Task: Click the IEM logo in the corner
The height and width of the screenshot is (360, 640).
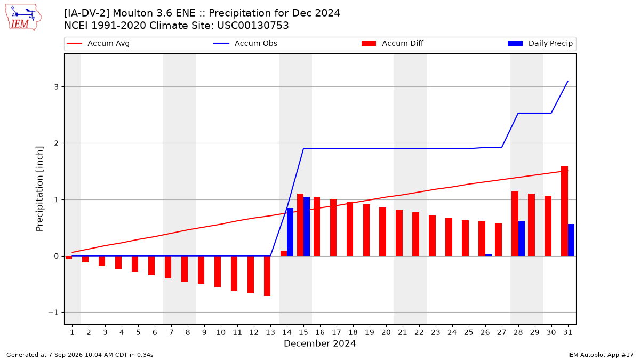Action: tap(23, 18)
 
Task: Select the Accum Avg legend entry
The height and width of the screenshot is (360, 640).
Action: tap(98, 43)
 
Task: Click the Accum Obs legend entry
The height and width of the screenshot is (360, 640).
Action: tap(245, 43)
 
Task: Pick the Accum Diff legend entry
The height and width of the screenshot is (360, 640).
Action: tap(393, 43)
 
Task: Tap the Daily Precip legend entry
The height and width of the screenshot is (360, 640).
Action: tap(540, 43)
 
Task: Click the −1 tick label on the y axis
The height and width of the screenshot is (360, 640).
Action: tap(53, 313)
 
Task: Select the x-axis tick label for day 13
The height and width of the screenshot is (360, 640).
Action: tap(270, 332)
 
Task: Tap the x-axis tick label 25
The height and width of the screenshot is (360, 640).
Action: tap(469, 332)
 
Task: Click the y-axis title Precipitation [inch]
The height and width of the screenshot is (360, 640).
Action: tap(39, 189)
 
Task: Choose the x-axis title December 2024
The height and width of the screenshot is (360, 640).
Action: tap(319, 343)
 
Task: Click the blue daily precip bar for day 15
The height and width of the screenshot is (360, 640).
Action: tap(307, 226)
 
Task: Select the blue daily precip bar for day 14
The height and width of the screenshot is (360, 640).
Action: tap(290, 232)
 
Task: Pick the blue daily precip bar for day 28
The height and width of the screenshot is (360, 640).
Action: tap(522, 238)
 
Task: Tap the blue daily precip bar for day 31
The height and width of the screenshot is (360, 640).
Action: tap(571, 240)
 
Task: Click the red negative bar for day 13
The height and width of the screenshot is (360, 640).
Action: tap(267, 276)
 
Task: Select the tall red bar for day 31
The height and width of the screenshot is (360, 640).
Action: tap(565, 211)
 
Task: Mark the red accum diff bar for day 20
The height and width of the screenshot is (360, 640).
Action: tap(382, 231)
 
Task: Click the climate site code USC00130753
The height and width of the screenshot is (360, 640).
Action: tap(253, 26)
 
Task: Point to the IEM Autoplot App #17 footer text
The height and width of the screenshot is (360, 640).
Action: tap(601, 355)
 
